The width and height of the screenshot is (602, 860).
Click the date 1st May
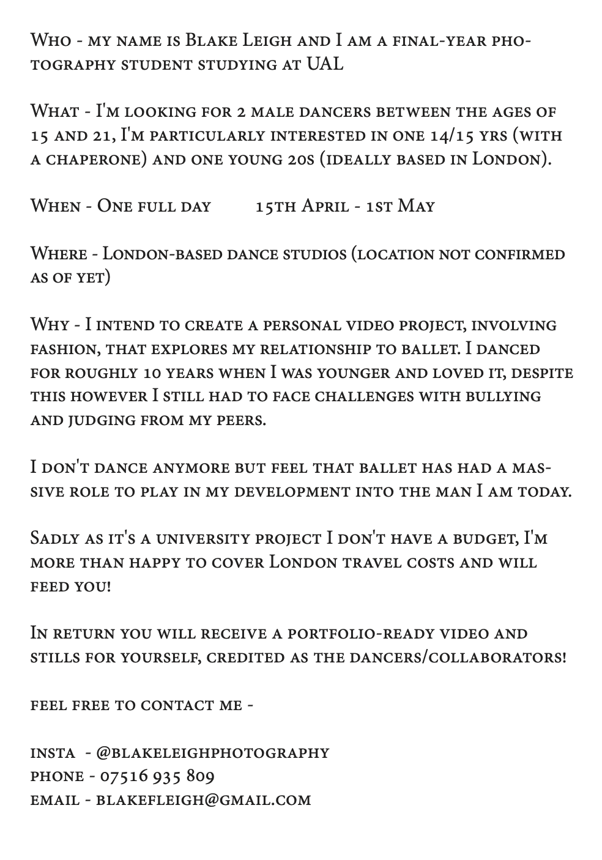coord(401,206)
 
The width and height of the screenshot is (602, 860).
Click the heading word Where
coord(57,254)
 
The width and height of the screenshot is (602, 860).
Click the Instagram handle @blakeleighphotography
coord(213,753)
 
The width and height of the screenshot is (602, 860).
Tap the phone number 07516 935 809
coord(157,777)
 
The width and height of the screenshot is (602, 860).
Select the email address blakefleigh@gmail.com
coord(203,800)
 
